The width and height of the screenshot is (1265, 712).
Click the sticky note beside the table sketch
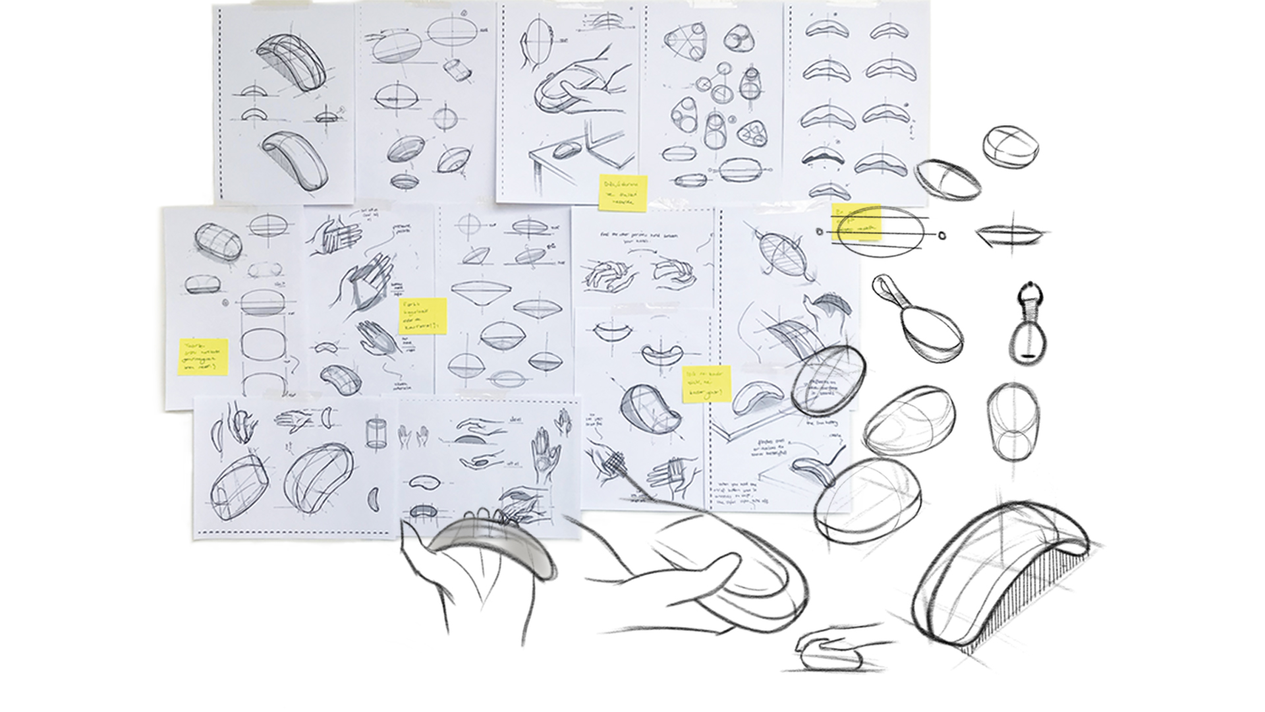pyautogui.click(x=623, y=193)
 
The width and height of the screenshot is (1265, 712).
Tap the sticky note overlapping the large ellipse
pyautogui.click(x=857, y=223)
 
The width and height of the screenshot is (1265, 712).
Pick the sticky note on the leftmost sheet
pyautogui.click(x=203, y=357)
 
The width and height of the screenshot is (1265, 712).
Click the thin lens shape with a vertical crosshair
pyautogui.click(x=1012, y=234)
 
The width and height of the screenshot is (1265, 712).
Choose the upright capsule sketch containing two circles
pyautogui.click(x=1013, y=422)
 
